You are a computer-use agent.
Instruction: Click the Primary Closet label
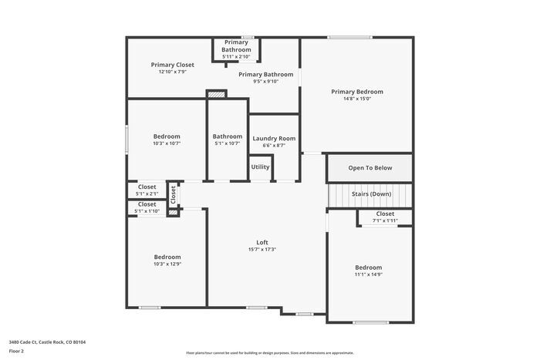click(x=172, y=65)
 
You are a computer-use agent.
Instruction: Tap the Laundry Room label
click(x=274, y=138)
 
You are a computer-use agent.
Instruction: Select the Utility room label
click(x=260, y=167)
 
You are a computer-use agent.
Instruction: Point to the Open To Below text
click(x=370, y=167)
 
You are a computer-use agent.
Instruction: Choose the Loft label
click(x=262, y=242)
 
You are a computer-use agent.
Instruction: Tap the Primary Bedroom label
click(x=356, y=92)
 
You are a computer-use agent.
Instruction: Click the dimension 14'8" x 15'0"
click(x=356, y=99)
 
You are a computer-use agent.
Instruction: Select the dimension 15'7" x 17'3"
click(x=262, y=249)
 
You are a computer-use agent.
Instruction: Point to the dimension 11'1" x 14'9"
click(x=369, y=274)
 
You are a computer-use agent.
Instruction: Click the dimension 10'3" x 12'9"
click(x=167, y=264)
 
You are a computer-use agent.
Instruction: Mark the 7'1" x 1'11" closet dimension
click(x=385, y=220)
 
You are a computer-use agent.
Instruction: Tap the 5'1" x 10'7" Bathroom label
click(x=228, y=136)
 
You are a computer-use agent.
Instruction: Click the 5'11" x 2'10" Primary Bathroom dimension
click(x=235, y=56)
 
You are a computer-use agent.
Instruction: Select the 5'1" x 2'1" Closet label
click(x=147, y=187)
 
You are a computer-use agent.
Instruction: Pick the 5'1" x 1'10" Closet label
click(x=147, y=204)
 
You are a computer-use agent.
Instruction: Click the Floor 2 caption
click(x=16, y=351)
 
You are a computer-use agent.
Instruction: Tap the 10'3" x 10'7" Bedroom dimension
click(x=167, y=143)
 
